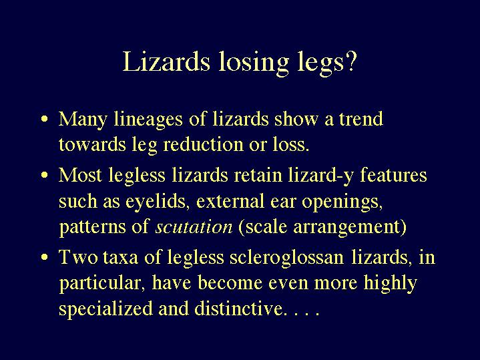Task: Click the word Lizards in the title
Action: (x=166, y=61)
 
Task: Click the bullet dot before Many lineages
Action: (x=45, y=119)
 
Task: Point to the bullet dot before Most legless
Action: (x=45, y=175)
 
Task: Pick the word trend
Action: (x=361, y=119)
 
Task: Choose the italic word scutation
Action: (x=194, y=227)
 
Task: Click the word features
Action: (x=393, y=175)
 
